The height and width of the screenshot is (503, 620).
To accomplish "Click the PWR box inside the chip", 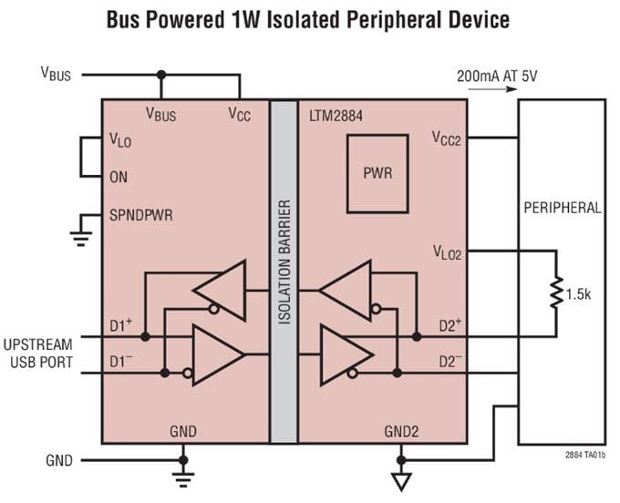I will point(377,172).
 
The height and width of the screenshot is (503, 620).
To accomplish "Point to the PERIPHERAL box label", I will point(562,208).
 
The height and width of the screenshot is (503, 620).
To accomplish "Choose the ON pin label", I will point(119,177).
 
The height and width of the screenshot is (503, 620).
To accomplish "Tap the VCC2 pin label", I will point(446,139).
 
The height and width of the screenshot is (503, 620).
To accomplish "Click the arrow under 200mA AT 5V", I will point(488,92).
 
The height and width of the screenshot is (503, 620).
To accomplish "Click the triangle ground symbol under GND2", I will point(400,480).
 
